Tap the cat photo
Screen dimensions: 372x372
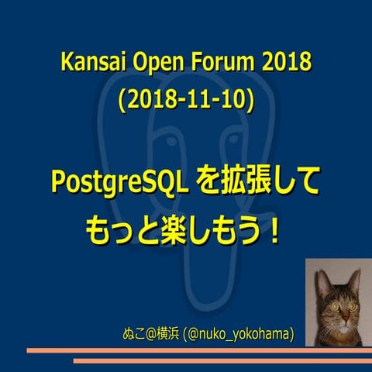(x=339, y=302)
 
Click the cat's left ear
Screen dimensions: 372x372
(x=316, y=272)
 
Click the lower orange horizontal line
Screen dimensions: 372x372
(x=222, y=360)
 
